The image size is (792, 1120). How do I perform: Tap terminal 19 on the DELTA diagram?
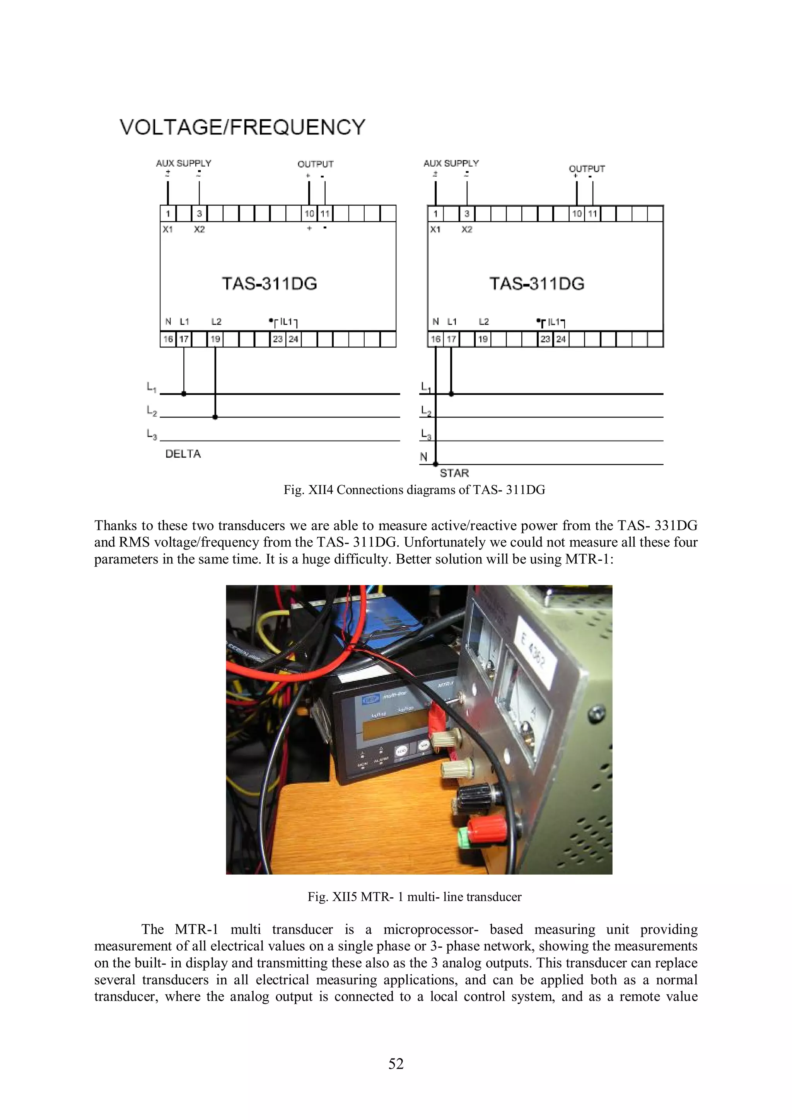click(215, 339)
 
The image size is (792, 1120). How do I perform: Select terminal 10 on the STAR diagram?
click(577, 214)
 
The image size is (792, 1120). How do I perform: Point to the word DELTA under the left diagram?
click(183, 454)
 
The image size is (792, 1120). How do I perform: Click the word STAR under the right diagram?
click(454, 473)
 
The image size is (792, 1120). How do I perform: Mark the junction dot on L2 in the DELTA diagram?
click(215, 417)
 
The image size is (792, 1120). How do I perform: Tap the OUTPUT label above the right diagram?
click(587, 169)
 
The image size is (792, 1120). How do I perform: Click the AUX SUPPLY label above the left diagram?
click(183, 163)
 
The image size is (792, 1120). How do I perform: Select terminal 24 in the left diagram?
click(293, 339)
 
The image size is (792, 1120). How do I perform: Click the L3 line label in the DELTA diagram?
click(151, 434)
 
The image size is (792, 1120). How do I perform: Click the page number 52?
click(396, 1064)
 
